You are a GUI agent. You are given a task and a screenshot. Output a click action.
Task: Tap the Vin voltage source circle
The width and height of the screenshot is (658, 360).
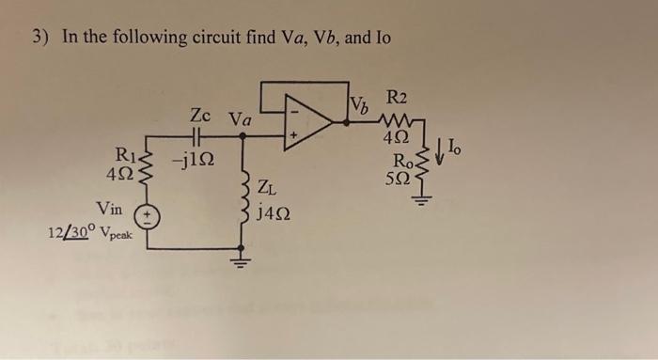point(148,218)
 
